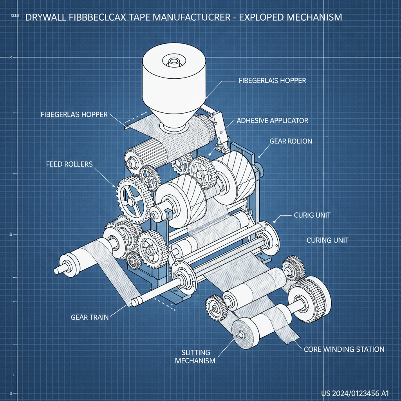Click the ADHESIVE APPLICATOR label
(272, 121)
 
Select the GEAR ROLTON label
(291, 141)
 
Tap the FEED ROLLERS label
(69, 164)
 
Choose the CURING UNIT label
(327, 240)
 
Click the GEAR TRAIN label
(90, 318)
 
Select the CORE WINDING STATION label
(344, 349)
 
